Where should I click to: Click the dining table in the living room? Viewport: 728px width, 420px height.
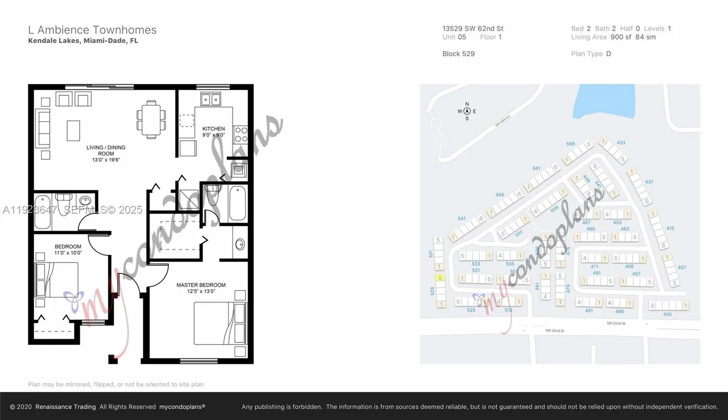(x=152, y=120)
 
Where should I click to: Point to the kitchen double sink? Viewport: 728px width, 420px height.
(x=211, y=99)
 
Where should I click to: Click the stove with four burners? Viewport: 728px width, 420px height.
(x=241, y=135)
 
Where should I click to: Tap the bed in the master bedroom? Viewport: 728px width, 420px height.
(x=220, y=323)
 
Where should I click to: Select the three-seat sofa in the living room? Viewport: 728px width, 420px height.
(x=44, y=128)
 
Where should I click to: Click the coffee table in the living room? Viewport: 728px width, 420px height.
(x=73, y=131)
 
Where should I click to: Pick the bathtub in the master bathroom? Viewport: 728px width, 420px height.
(x=237, y=203)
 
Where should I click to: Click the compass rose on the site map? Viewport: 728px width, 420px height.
(x=467, y=111)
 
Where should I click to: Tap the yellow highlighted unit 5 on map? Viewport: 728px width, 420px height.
(x=440, y=277)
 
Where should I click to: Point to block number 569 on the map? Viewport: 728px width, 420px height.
(x=570, y=143)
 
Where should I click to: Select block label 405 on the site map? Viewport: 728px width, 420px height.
(x=667, y=314)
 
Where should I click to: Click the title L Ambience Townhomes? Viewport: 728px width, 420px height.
(x=92, y=30)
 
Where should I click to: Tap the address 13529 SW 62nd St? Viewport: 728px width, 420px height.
(x=473, y=28)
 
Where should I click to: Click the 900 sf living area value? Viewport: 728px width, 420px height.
(x=621, y=37)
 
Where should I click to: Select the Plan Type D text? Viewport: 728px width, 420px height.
(x=591, y=54)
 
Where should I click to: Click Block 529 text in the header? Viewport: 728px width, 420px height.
(x=458, y=54)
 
